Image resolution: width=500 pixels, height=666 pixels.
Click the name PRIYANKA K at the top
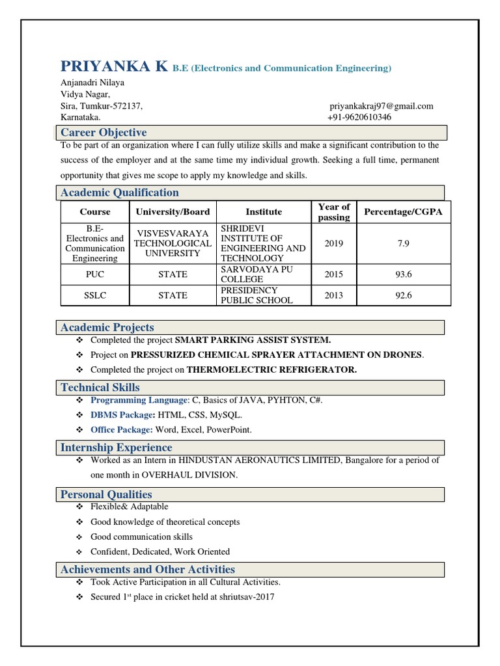click(x=114, y=66)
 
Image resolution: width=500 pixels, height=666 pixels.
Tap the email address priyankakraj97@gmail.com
click(x=382, y=106)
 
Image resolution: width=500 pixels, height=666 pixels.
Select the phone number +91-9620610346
click(x=359, y=117)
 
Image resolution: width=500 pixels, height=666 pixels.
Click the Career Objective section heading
click(x=104, y=133)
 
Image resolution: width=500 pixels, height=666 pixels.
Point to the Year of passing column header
click(x=334, y=212)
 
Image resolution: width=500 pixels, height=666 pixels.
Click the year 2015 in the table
click(x=334, y=274)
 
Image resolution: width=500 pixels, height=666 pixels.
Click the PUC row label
click(x=95, y=274)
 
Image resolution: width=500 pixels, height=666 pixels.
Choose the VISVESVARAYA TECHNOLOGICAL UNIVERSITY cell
click(x=173, y=243)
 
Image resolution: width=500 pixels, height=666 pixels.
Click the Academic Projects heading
click(x=107, y=327)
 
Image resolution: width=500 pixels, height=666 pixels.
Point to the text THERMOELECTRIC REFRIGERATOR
click(x=271, y=369)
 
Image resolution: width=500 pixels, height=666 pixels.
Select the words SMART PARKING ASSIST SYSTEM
click(x=253, y=340)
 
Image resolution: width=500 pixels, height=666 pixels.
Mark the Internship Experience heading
click(x=117, y=447)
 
